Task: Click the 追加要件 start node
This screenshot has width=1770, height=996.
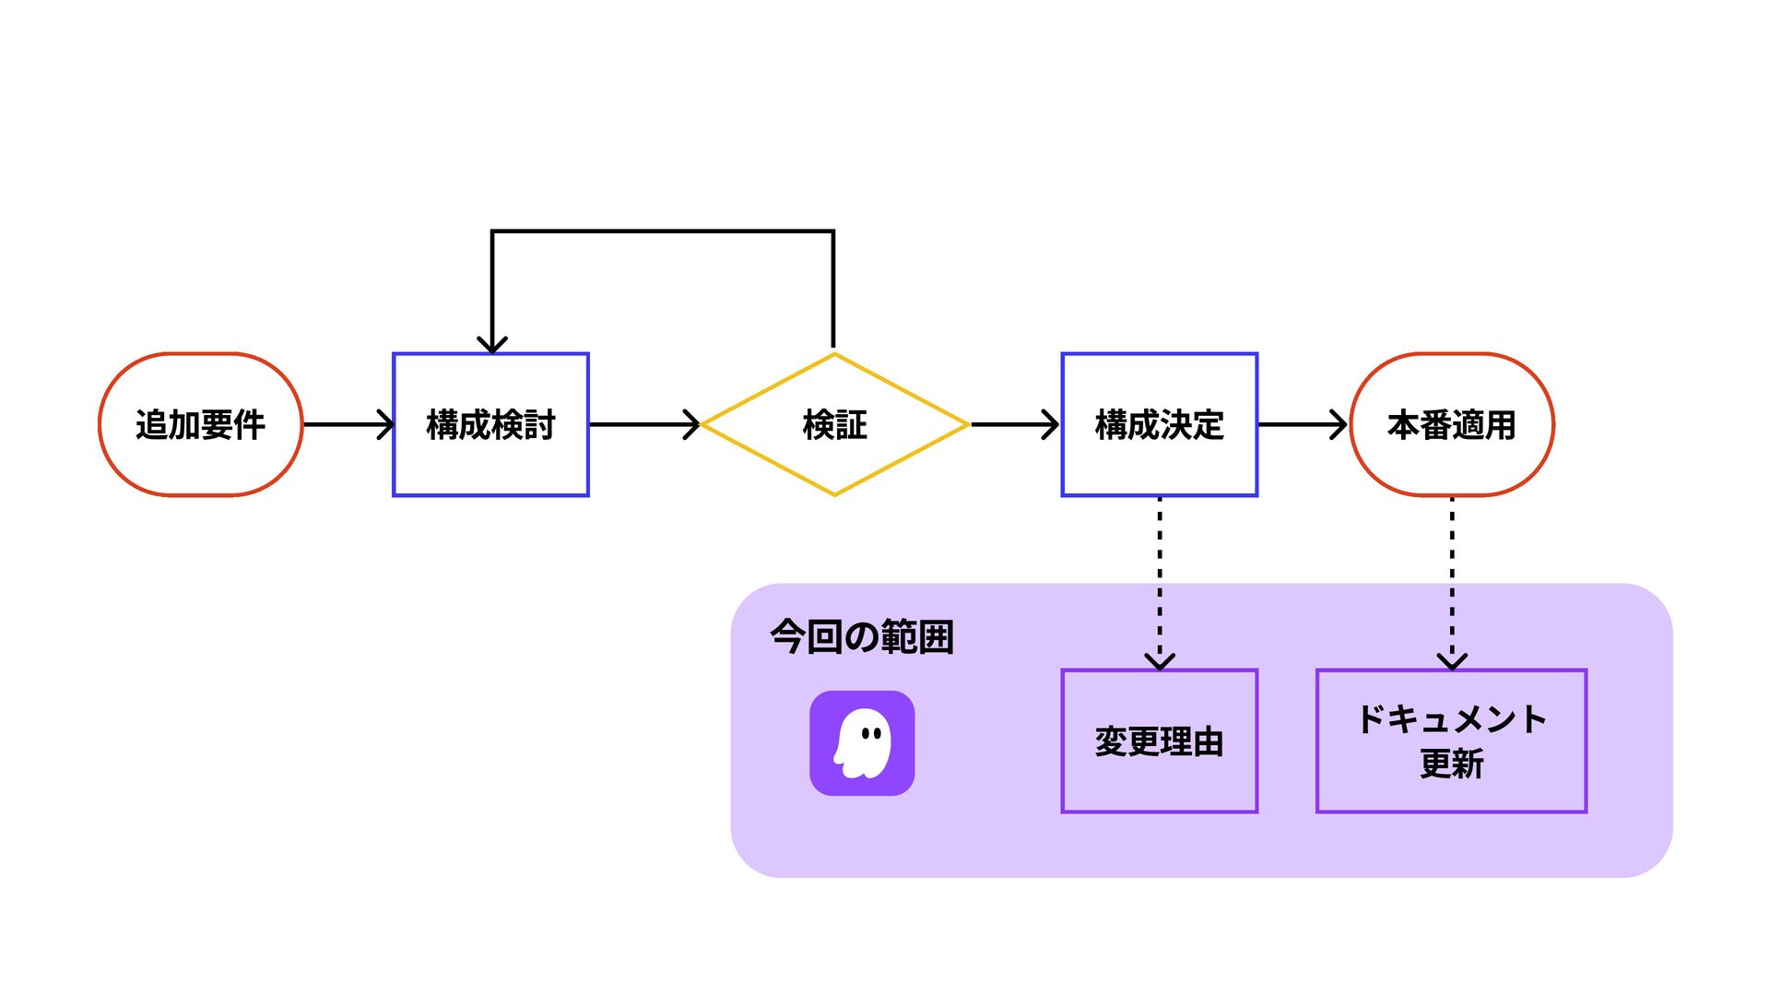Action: [x=201, y=424]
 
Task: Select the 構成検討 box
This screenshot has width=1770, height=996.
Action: [x=490, y=424]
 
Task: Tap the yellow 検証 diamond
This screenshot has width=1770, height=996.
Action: [x=834, y=424]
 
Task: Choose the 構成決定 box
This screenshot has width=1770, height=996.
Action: [x=1159, y=424]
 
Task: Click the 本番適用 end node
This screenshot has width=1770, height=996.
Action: [x=1452, y=424]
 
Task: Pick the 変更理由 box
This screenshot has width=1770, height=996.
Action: [x=1159, y=741]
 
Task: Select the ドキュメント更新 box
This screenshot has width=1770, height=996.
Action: [x=1451, y=741]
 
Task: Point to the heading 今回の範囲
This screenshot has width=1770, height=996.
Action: [x=862, y=636]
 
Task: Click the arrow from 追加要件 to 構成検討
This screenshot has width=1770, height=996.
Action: [x=348, y=424]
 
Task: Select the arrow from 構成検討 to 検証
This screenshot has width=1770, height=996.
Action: [x=644, y=424]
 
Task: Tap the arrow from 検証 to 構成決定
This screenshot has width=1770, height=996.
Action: [x=1014, y=424]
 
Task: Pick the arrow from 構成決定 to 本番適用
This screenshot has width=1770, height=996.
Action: [x=1303, y=424]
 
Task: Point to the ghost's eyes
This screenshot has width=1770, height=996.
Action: [x=871, y=734]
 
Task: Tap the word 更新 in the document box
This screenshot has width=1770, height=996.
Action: [x=1451, y=764]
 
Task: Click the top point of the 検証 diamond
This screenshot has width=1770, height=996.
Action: [x=834, y=353]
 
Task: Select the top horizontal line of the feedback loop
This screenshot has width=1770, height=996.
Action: [x=663, y=231]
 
